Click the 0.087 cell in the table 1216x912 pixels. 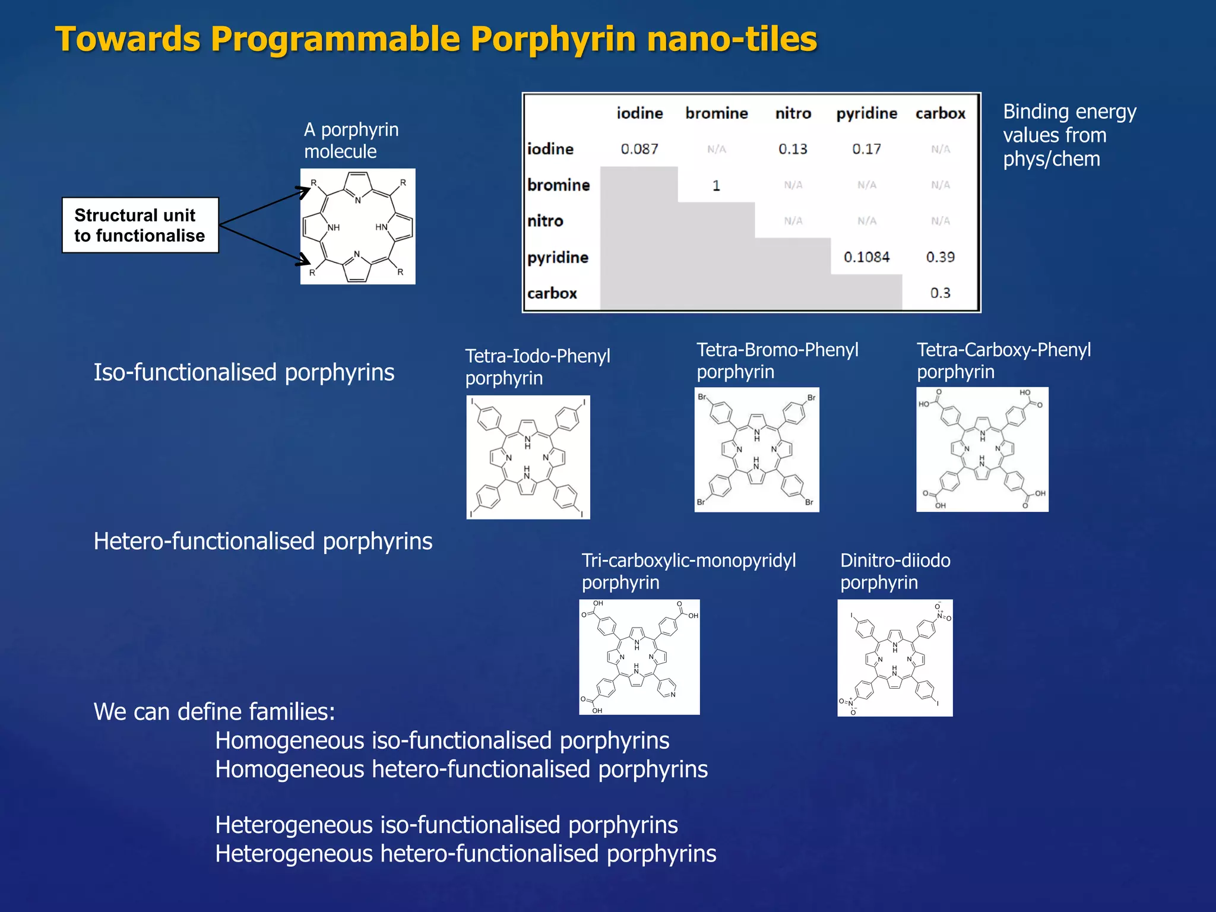(639, 149)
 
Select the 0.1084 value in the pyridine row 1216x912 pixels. (866, 257)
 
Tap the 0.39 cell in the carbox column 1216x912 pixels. (940, 257)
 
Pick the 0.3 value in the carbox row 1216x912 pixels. (940, 293)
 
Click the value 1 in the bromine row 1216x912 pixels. (716, 185)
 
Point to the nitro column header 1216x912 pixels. (793, 113)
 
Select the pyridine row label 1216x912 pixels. (558, 257)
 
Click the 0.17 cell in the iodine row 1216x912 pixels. (866, 149)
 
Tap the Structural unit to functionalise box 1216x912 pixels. (140, 225)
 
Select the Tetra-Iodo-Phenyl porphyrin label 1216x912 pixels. (537, 366)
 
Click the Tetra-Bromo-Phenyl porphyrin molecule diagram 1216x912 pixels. (756, 449)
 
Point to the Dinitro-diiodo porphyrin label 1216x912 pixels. (895, 571)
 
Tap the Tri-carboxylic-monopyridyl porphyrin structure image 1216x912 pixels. (639, 657)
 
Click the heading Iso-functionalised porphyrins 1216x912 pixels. (243, 372)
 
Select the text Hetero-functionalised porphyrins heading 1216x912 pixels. (262, 541)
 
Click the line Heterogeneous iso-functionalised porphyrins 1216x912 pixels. (446, 825)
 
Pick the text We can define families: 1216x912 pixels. (214, 711)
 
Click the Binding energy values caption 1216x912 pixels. (1069, 135)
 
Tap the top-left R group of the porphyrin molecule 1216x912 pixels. (313, 183)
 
